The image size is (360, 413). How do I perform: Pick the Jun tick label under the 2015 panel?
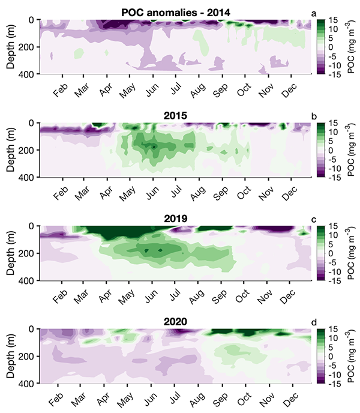(153, 193)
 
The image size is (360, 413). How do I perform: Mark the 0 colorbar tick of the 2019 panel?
(330, 253)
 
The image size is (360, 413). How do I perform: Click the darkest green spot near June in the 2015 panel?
(154, 146)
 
